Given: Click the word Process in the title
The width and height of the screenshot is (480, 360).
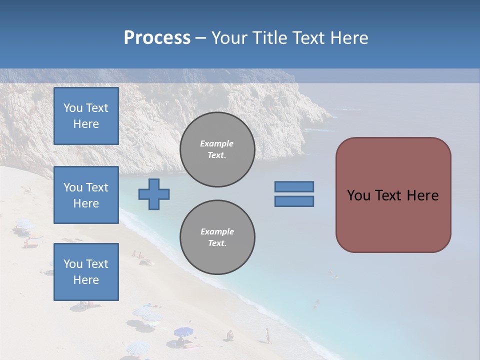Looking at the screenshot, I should pos(157,38).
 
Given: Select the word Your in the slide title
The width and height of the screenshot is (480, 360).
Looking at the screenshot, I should pos(229,38).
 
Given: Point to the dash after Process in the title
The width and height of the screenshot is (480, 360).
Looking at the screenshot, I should pos(200,38).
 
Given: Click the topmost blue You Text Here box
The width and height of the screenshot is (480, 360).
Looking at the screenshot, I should pos(86,116).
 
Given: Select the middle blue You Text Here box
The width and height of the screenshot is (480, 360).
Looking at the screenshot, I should pos(86,195).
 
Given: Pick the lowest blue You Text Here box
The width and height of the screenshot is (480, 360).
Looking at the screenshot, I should pos(86,271).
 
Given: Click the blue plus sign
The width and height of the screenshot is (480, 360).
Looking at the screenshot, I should pos(154,193).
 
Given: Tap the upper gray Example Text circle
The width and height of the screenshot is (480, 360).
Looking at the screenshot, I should pos(217,149).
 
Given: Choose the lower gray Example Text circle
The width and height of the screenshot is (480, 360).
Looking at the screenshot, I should pos(217,237).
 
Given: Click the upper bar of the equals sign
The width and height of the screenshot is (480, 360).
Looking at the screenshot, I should pos(294,186).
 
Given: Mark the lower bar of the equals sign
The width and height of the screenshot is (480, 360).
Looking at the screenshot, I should pos(294,201).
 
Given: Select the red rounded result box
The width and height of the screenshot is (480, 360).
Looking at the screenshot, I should pos(393,194).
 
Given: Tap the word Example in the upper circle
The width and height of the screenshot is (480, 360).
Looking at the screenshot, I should pos(216,143).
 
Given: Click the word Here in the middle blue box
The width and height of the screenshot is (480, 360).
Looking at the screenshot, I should pos(86,203).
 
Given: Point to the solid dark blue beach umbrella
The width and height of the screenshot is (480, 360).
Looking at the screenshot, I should pos(183,331).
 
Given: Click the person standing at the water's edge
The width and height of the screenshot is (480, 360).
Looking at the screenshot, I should pos(268,335).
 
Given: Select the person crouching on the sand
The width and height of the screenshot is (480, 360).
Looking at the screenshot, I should pos(229,335).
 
